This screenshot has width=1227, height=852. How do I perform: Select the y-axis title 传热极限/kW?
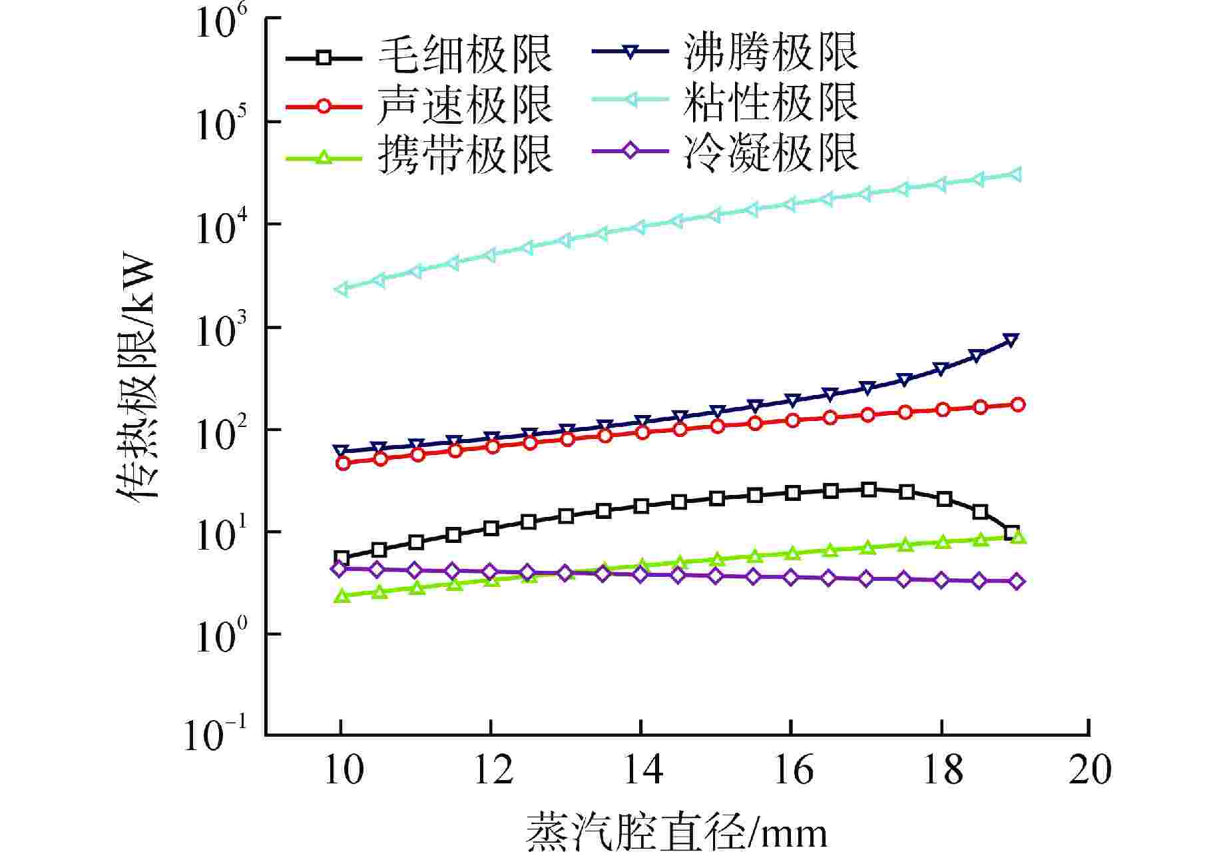coord(136,380)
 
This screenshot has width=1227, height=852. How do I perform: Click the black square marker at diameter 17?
coord(868,490)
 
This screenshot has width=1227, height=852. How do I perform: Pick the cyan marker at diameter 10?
coord(342,289)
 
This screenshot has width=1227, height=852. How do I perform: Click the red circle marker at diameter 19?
coord(1017,405)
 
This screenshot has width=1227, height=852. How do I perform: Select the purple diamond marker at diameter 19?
coord(1017,582)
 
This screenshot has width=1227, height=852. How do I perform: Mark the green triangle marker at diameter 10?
coord(342,596)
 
